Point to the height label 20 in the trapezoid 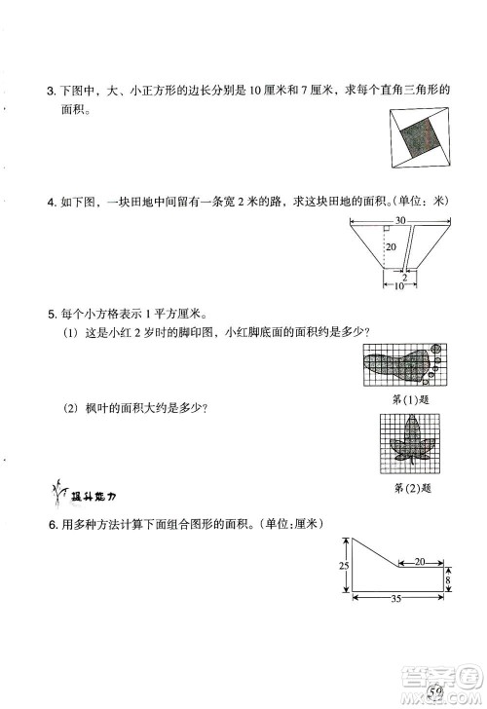click(x=390, y=249)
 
